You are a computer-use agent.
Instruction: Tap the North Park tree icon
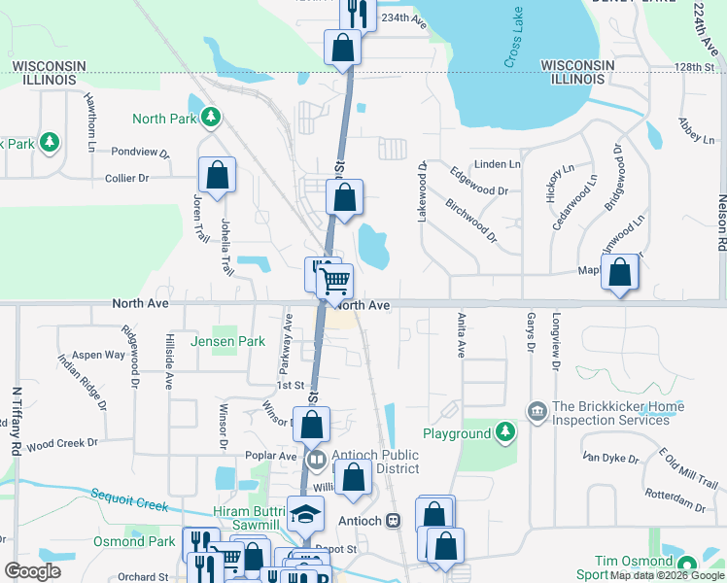(210, 119)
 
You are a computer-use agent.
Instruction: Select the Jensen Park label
(227, 342)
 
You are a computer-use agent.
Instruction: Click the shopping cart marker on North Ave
(334, 281)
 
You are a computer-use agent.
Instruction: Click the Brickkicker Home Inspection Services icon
(536, 413)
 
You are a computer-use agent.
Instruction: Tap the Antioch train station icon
(394, 520)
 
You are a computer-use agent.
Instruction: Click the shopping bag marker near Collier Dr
(218, 176)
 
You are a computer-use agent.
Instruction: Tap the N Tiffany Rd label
(17, 423)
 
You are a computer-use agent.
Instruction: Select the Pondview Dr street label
(140, 153)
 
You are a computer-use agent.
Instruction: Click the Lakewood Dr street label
(423, 191)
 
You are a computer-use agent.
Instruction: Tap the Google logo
(32, 571)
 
